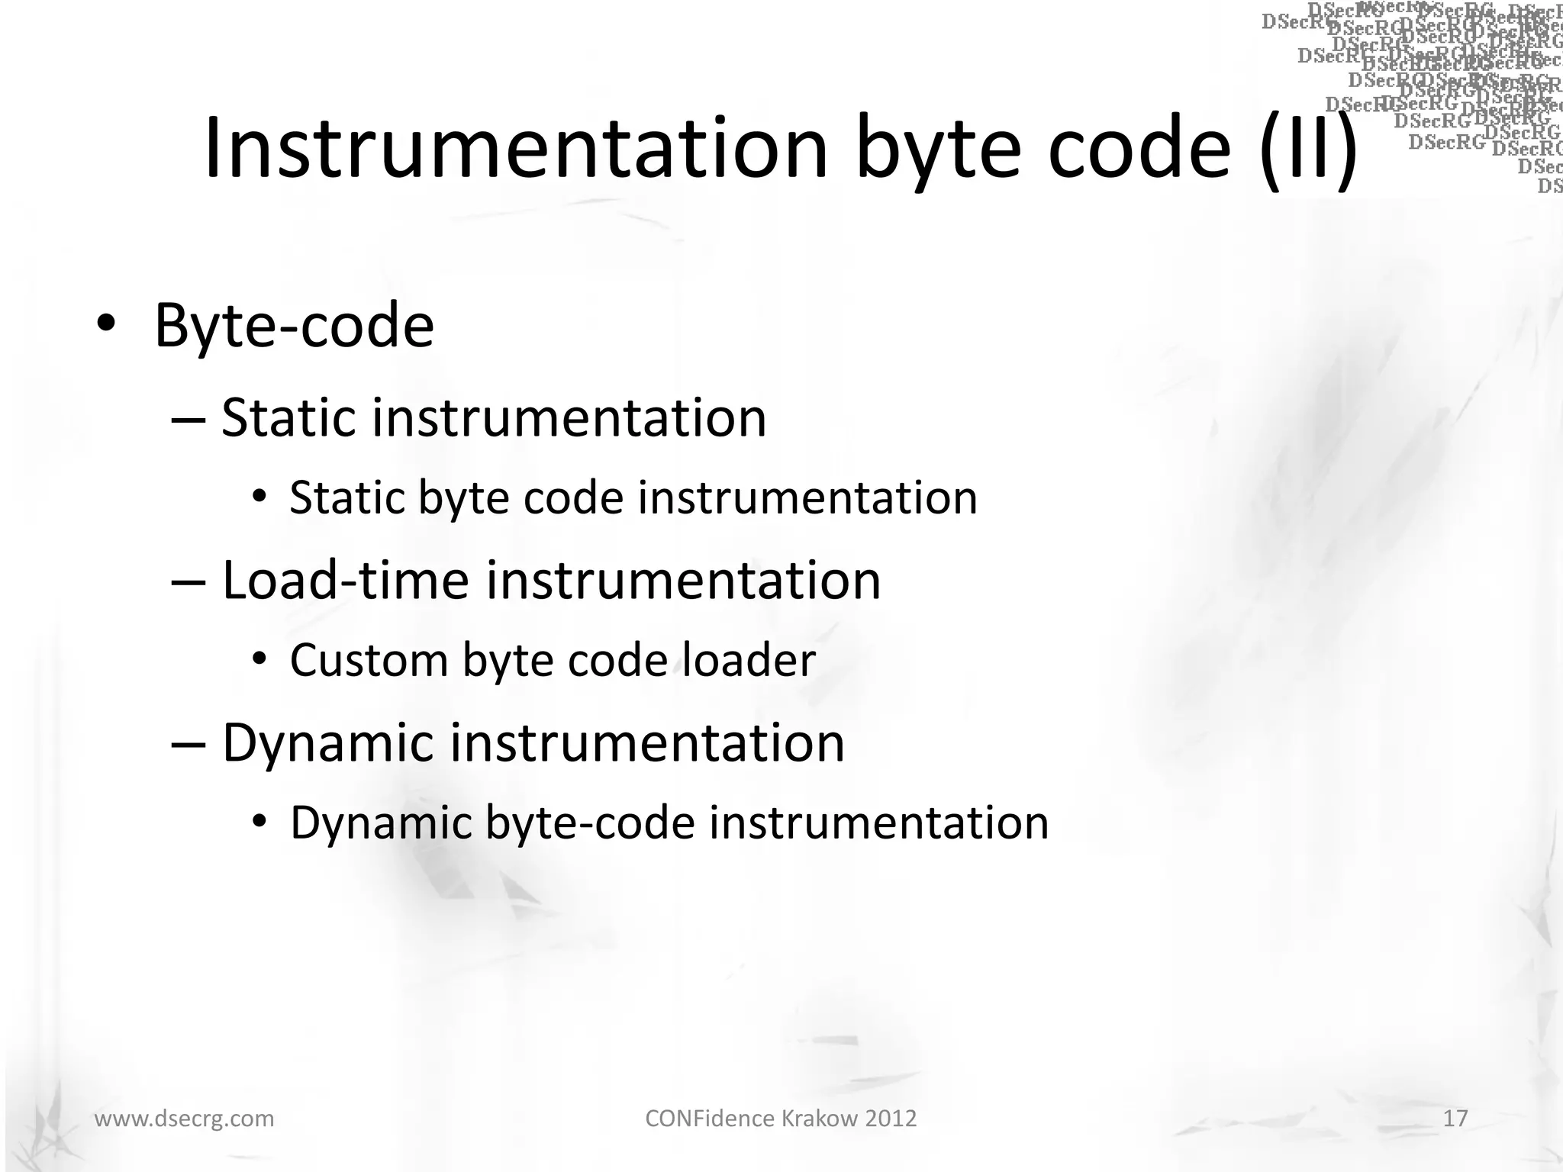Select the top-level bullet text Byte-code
click(294, 326)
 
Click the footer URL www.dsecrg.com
click(184, 1119)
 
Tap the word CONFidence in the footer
click(710, 1119)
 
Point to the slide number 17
click(1455, 1119)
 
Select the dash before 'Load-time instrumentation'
click(189, 581)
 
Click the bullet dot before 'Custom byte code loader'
click(259, 658)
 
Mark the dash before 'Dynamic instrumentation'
click(189, 744)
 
